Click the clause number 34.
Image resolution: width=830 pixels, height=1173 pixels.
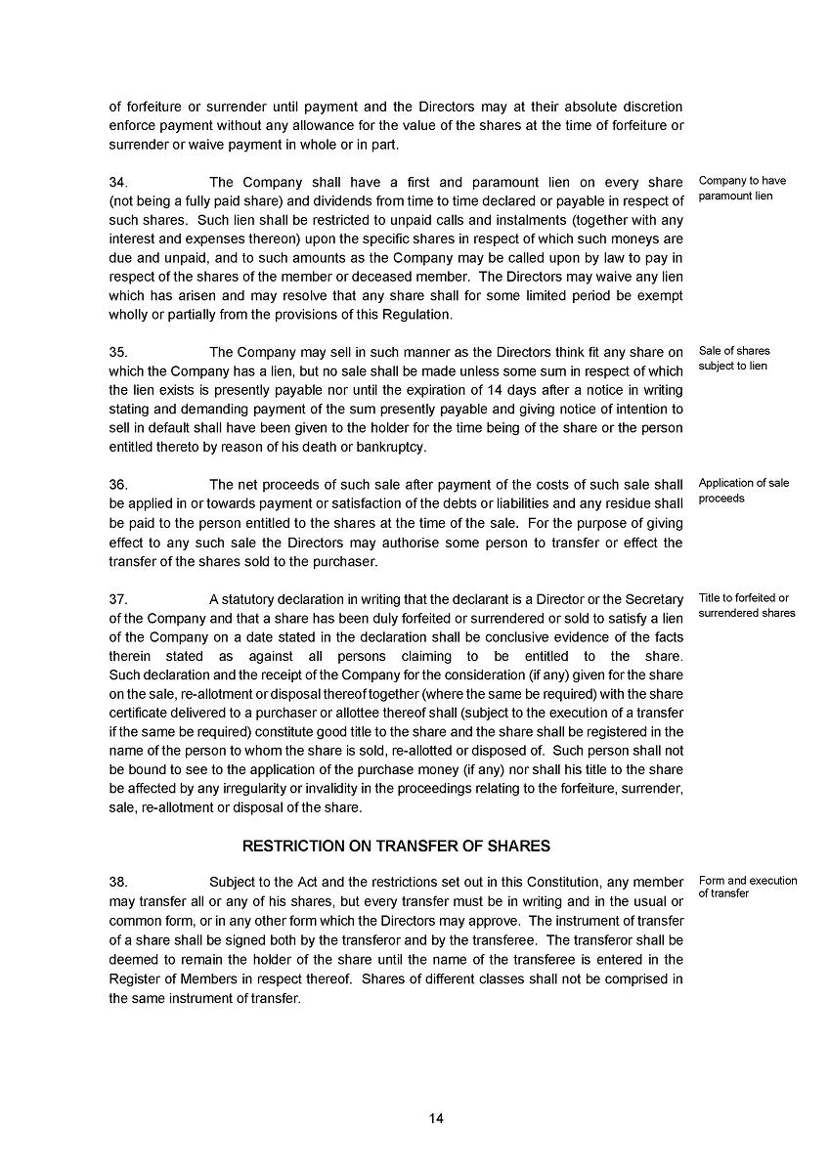point(117,183)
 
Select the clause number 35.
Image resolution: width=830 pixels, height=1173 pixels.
point(117,352)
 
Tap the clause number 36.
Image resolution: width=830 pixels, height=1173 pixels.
point(117,485)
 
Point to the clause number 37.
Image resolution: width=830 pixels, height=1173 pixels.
point(117,599)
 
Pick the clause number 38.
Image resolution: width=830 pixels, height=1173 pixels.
point(117,882)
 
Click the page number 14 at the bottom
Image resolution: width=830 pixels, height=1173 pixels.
point(436,1118)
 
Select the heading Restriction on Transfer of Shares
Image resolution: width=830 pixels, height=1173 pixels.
point(396,847)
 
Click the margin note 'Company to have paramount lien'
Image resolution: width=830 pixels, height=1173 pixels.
point(742,189)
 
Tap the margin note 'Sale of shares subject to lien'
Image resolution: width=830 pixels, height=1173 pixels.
point(733,359)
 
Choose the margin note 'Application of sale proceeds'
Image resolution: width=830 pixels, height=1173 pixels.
point(743,491)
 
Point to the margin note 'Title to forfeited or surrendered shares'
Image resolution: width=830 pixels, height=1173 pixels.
point(746,606)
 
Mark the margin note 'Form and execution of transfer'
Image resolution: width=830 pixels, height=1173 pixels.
point(747,887)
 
